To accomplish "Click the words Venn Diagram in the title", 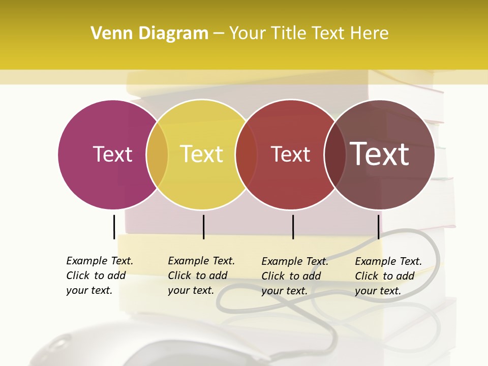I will [149, 34].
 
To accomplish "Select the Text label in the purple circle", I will [112, 154].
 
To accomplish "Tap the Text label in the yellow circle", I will [202, 154].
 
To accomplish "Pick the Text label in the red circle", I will [290, 154].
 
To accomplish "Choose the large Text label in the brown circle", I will [379, 154].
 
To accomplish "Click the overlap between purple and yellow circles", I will [157, 154].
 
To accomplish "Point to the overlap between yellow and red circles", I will [246, 154].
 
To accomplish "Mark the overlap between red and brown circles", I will [335, 154].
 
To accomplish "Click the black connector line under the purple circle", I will [114, 227].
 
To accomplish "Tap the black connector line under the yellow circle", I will [203, 227].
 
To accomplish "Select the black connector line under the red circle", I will [293, 227].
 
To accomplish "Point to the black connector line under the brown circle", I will [378, 227].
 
